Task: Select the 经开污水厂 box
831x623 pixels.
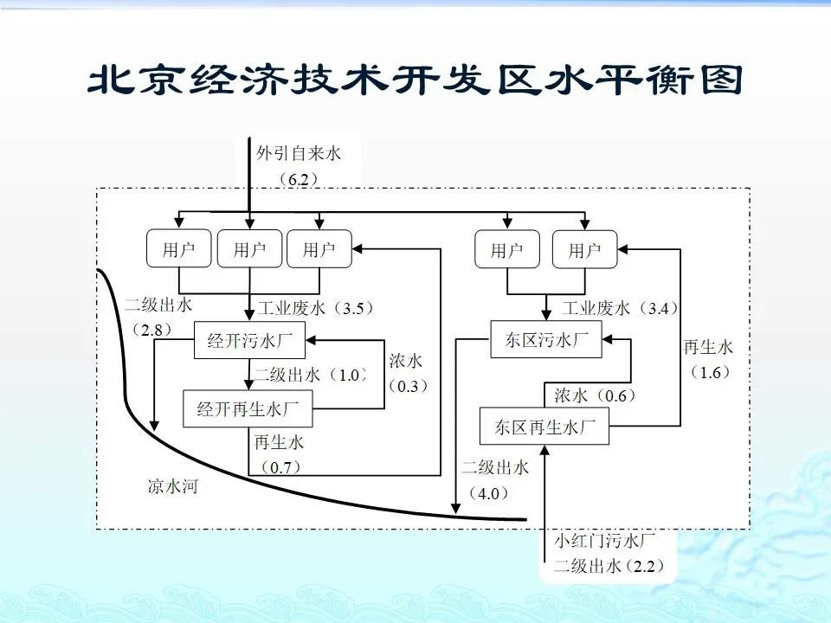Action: (x=249, y=341)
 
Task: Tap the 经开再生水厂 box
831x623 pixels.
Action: (x=248, y=408)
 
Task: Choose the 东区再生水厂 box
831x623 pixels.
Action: (x=545, y=427)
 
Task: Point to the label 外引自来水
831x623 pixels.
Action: (x=299, y=154)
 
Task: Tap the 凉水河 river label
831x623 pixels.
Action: (x=172, y=487)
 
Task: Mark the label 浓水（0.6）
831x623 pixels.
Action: (x=595, y=395)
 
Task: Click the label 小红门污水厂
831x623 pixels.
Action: (x=604, y=542)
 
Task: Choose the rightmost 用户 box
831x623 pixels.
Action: (x=584, y=251)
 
